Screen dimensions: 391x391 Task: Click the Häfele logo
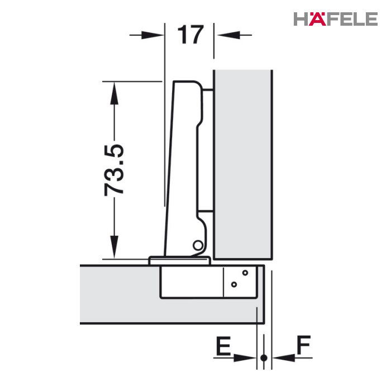(x=335, y=18)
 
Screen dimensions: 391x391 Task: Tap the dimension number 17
(x=190, y=35)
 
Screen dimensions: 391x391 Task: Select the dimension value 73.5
(x=114, y=170)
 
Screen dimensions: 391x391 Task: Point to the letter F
(x=303, y=345)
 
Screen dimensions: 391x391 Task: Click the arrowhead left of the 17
(x=152, y=35)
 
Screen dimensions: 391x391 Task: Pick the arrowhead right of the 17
(x=228, y=35)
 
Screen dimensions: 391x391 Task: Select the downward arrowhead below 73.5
(x=114, y=247)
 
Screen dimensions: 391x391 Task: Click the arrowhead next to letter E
(x=245, y=358)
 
